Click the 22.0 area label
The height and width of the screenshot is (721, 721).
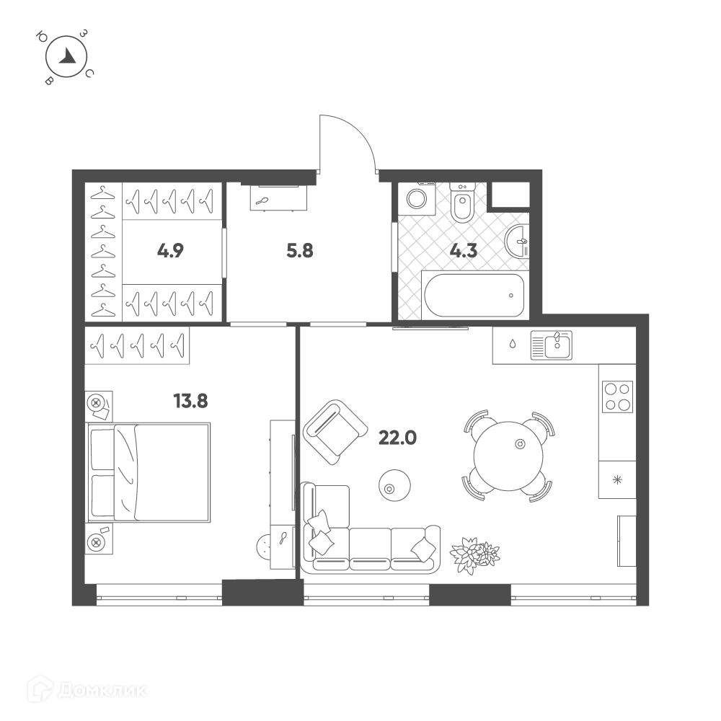coord(397,438)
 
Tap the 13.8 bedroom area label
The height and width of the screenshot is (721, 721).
coord(190,401)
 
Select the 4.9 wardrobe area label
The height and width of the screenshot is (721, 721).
coord(170,251)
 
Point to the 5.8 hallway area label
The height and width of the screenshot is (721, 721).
coord(300,251)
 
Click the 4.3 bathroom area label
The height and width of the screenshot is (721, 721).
coord(464,251)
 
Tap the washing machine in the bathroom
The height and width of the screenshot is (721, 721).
coord(417,199)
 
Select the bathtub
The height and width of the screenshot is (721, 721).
coord(474,295)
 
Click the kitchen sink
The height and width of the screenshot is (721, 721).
coord(552,345)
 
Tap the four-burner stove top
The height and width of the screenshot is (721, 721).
coord(617,397)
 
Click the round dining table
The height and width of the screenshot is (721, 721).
coord(508,456)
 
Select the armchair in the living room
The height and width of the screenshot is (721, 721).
coord(335,432)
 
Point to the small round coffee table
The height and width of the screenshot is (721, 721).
coord(394,485)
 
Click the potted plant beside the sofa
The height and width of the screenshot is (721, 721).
coord(474,554)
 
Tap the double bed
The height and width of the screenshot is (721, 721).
coord(149,472)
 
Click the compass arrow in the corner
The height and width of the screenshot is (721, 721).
coord(69,56)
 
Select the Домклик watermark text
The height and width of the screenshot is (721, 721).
coord(103,691)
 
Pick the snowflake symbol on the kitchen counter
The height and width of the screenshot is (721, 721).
coord(617,480)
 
